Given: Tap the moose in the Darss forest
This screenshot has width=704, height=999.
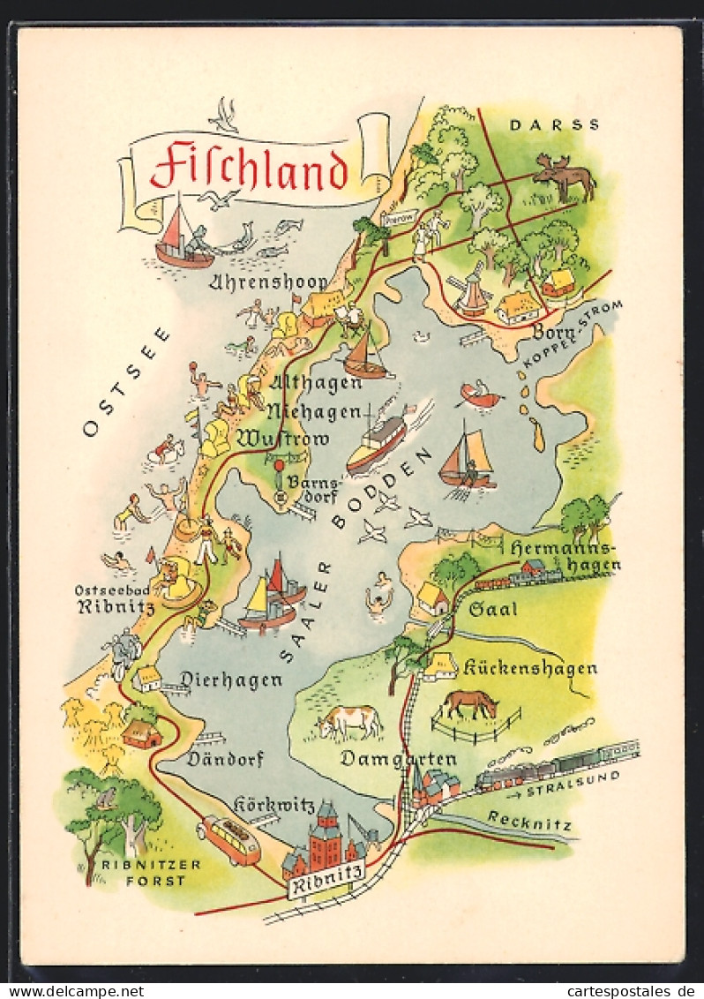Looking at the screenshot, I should coord(565,177).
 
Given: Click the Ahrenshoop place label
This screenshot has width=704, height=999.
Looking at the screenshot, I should coord(269,282).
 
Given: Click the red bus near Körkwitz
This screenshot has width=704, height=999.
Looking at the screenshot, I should coord(229,839).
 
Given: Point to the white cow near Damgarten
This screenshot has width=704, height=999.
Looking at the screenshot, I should coord(350,721).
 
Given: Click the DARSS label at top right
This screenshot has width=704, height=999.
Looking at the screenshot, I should coord(554,125).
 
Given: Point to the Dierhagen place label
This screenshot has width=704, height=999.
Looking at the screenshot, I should coord(231,680).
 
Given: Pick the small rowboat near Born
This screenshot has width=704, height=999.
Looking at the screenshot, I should coord(481,396).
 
